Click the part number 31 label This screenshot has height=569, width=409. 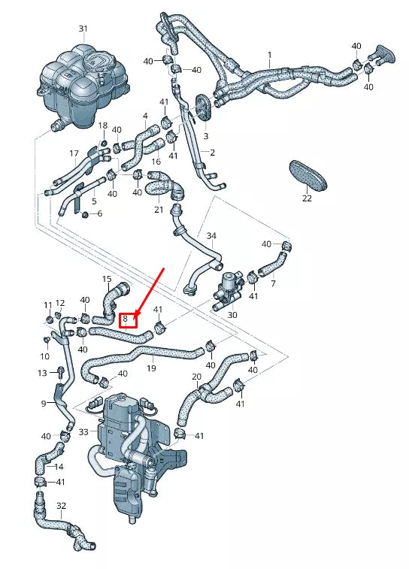[x=83, y=29]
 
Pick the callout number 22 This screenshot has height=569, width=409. [x=307, y=198]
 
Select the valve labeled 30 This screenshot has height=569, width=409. [x=229, y=290]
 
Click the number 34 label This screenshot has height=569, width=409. [x=211, y=236]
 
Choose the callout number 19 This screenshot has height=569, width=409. [x=151, y=368]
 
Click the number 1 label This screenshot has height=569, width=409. [x=269, y=55]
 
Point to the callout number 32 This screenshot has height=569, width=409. [x=62, y=506]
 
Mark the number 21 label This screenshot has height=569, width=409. [x=159, y=210]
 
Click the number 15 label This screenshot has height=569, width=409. [x=107, y=279]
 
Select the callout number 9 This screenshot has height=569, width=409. [x=44, y=403]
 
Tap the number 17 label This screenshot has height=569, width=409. [x=74, y=153]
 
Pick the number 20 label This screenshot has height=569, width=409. [x=196, y=377]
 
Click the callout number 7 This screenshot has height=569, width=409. [x=272, y=283]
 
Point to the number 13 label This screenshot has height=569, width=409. [x=43, y=373]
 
